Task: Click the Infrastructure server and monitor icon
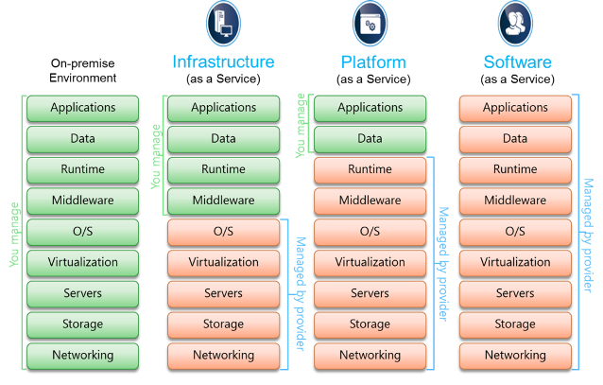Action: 223,24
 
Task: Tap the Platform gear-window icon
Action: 370,24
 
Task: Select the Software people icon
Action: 515,24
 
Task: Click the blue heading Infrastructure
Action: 223,62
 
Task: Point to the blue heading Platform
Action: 373,62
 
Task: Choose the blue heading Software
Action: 518,62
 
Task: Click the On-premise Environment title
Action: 82,70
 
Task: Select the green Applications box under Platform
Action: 370,108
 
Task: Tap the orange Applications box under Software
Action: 515,108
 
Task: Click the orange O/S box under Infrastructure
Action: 223,232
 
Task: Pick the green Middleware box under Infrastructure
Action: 223,201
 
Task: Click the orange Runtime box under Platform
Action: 370,169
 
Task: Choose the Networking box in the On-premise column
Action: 82,356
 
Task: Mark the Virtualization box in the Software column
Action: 515,263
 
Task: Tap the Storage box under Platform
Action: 370,325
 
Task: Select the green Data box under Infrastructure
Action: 223,139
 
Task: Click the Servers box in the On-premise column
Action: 82,294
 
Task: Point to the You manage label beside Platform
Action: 301,126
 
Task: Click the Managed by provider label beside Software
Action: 588,236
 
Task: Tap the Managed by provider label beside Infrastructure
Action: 301,294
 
